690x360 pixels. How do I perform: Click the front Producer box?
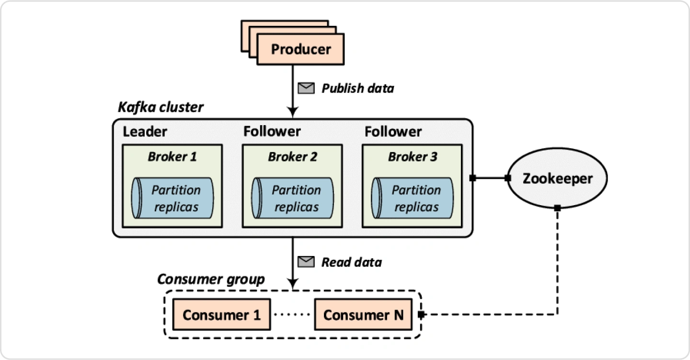tap(300, 49)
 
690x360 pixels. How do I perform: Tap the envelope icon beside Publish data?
tap(306, 88)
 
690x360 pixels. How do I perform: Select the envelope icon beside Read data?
tap(306, 262)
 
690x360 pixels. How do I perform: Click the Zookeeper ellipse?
tap(557, 178)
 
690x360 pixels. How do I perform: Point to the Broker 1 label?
tap(172, 157)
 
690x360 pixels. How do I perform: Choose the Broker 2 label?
tap(292, 157)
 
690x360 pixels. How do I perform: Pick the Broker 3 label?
tap(413, 157)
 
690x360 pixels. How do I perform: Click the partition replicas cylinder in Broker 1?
tap(172, 198)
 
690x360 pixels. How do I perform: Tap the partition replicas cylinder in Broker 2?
tap(293, 198)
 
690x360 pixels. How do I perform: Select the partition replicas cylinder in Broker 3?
tap(413, 198)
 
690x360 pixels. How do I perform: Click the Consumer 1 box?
tap(222, 314)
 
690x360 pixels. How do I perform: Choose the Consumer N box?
tap(363, 314)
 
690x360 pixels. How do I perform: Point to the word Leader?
tap(145, 132)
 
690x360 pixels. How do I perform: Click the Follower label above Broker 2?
tap(272, 131)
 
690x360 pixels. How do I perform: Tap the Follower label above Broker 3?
tap(393, 132)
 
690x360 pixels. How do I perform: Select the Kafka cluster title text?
tap(161, 107)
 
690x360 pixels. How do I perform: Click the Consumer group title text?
tap(211, 279)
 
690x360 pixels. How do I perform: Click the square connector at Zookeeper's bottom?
tap(557, 208)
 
